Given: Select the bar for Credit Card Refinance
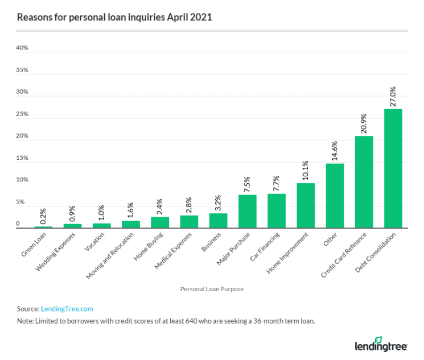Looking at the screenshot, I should click(364, 182).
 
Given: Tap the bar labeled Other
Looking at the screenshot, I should click(335, 196).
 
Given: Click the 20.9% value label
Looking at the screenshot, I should click(364, 123).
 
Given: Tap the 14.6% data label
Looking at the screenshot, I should click(335, 150).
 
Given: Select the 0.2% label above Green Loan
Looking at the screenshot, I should click(43, 215).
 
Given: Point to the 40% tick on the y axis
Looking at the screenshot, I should click(22, 48).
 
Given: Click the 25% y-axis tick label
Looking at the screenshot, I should click(22, 114).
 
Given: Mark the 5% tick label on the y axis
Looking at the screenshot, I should click(21, 202).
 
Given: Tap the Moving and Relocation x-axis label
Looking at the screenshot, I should click(113, 254).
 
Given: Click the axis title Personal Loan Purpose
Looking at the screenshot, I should click(212, 289).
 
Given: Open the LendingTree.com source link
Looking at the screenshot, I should click(67, 309).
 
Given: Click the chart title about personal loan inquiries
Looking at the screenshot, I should click(114, 17).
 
